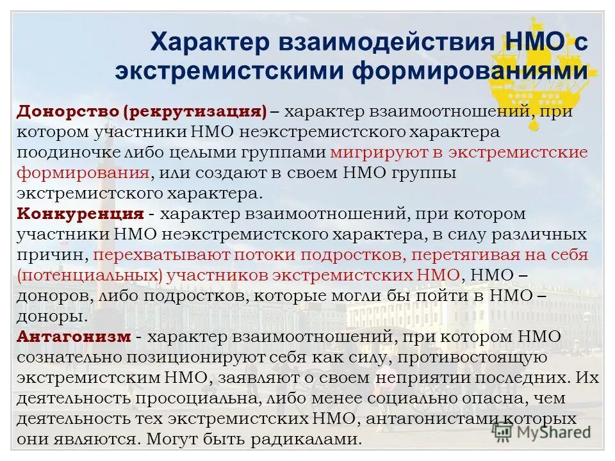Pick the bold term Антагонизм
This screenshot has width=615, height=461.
click(x=75, y=337)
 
